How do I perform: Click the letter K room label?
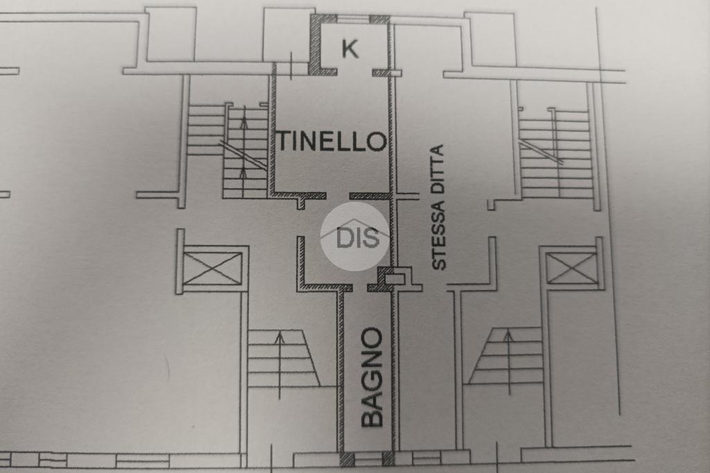tap(350, 49)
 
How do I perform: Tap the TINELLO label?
tap(331, 141)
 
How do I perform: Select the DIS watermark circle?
tap(358, 237)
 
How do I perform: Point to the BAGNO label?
tap(372, 377)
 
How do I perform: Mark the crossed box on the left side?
tap(213, 268)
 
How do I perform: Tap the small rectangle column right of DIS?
tap(395, 279)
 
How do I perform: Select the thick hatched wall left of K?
tap(315, 45)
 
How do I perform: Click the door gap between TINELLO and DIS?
tap(338, 196)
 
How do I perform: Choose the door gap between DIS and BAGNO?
tap(360, 286)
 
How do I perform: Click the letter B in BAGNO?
tap(372, 415)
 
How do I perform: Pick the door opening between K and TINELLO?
tap(354, 72)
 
